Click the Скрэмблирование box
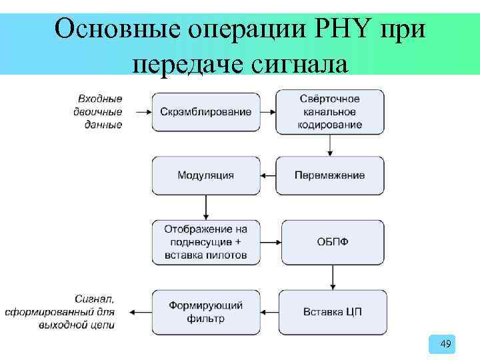click(206, 111)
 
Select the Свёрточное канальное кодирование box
click(331, 111)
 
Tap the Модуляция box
click(206, 176)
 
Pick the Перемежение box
click(330, 176)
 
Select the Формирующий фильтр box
click(206, 311)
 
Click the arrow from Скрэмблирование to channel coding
click(268, 111)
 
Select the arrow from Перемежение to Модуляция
click(268, 176)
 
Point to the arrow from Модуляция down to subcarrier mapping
click(206, 207)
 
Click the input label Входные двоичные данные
click(98, 111)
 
